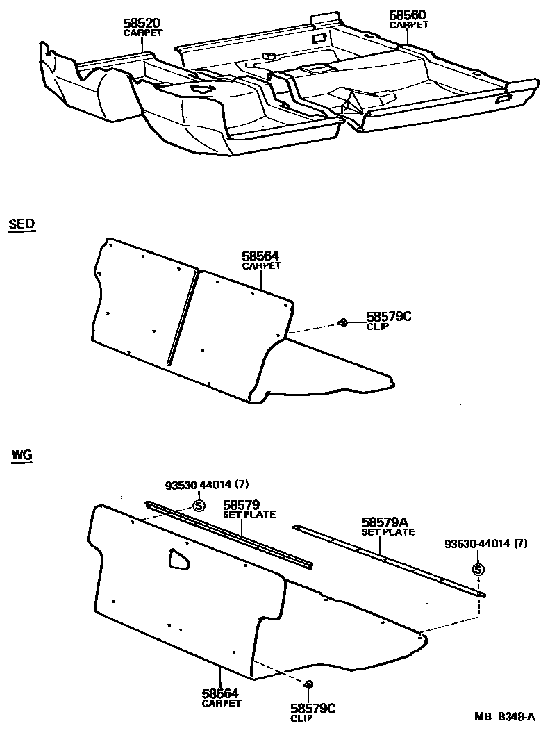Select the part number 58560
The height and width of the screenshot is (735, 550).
[408, 15]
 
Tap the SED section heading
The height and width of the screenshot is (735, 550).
[22, 224]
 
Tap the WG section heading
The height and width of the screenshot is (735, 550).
[22, 456]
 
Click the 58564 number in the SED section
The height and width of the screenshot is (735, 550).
[260, 257]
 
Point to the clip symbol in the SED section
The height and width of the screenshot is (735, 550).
[343, 322]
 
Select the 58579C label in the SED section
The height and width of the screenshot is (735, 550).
[389, 317]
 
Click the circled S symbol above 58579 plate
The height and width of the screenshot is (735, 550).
[198, 505]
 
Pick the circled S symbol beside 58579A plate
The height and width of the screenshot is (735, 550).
[477, 570]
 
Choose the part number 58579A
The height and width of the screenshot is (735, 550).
[387, 522]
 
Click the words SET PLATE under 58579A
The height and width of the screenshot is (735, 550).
[387, 532]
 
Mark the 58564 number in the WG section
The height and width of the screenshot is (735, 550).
[221, 693]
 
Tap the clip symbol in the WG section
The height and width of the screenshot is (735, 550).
[309, 684]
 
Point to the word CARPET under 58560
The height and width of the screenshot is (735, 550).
[408, 25]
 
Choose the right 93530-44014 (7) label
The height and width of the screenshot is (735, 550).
[486, 544]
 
